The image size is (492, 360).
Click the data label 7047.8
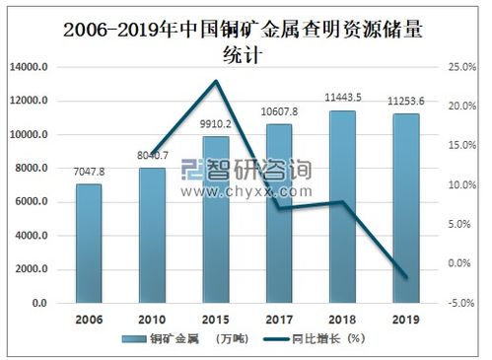[89, 174]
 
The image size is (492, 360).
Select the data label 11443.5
[343, 99]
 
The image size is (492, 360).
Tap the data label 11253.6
[406, 102]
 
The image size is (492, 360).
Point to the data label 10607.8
[279, 113]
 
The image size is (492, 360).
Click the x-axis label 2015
[215, 320]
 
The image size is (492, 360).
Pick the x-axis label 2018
[342, 320]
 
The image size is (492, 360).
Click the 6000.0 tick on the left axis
[34, 202]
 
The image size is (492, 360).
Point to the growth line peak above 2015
[215, 81]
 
